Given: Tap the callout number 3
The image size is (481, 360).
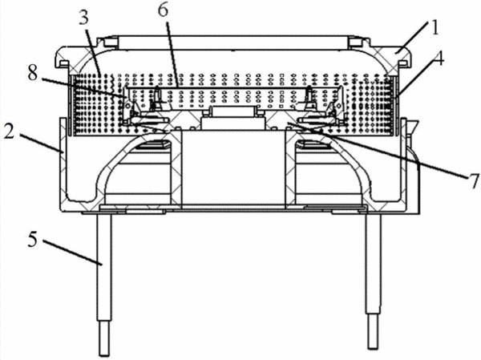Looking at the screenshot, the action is (83, 18).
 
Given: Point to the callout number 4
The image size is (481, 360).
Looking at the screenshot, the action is (439, 59).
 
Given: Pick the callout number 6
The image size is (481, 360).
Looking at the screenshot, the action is (164, 10).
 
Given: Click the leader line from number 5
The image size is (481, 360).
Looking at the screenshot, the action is (72, 253).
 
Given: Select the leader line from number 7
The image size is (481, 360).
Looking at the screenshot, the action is (376, 150).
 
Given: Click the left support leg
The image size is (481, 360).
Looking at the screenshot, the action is (104, 284).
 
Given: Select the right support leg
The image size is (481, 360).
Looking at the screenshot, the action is (374, 281).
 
